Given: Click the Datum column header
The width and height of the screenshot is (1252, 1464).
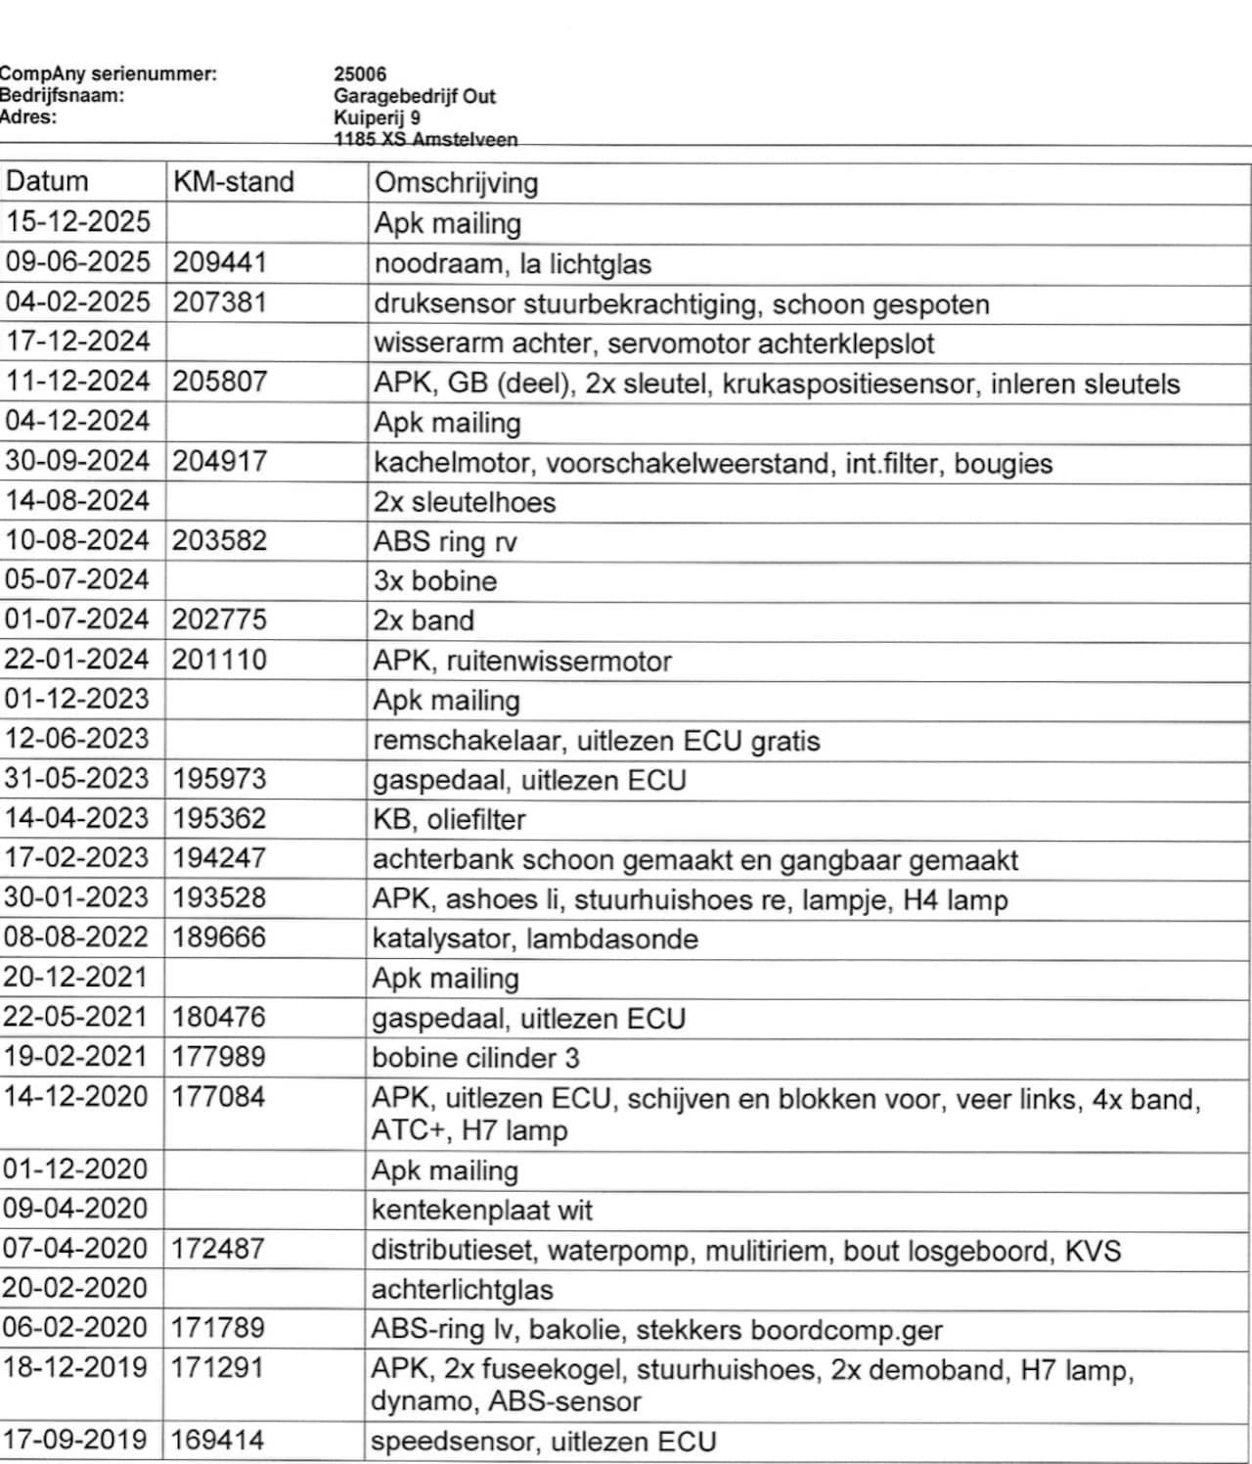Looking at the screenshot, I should (47, 181).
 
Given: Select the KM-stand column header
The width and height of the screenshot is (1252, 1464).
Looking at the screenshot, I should (233, 182).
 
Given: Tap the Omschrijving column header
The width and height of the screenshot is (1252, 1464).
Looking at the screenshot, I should (456, 183).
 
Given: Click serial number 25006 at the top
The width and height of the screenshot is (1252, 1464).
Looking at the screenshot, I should (360, 74).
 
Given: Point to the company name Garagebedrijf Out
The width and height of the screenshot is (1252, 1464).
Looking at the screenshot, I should (415, 96).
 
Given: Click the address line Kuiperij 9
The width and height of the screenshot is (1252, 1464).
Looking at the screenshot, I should (378, 117).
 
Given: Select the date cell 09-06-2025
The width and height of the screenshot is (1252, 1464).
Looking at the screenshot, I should (78, 262).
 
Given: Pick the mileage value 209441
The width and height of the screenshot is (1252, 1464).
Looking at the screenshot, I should (220, 262).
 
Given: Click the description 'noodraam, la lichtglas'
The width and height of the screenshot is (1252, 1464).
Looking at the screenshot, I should (513, 264).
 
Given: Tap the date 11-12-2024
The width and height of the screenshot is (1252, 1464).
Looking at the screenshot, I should (78, 382).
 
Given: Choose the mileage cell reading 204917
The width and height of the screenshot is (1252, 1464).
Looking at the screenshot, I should (220, 461).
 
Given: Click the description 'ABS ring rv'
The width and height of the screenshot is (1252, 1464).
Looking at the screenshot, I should (445, 541).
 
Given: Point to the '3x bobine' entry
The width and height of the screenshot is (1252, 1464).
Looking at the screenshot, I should (435, 581).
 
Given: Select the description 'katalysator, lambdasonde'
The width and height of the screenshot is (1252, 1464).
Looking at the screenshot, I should (535, 939).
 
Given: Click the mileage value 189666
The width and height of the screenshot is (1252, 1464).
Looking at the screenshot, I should (219, 938).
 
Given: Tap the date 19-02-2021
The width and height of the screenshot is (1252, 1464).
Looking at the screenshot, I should (75, 1057).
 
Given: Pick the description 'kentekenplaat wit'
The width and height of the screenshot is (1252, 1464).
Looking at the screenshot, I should (482, 1211).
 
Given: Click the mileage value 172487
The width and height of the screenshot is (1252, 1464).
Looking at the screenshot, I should (218, 1249).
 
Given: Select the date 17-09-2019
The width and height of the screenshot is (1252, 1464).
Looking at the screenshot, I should (74, 1441).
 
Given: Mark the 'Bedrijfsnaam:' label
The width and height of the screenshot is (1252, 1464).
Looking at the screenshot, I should (63, 96).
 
